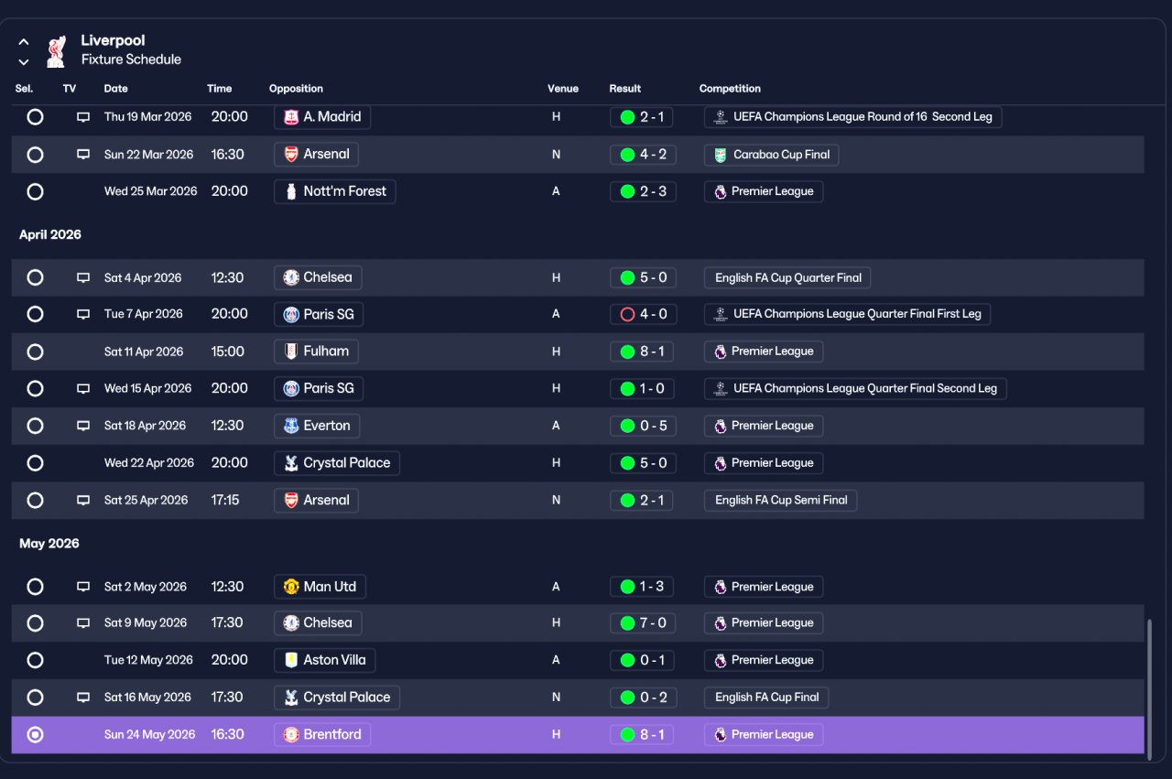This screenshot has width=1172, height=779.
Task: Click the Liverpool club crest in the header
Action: pos(56,51)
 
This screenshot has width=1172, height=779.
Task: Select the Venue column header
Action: pos(562,89)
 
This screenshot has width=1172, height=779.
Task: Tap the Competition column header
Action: pos(730,89)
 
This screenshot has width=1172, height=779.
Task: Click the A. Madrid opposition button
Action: pos(321,116)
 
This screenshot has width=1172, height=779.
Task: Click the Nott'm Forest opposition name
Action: pos(344,191)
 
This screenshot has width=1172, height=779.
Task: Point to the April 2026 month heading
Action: pos(50,234)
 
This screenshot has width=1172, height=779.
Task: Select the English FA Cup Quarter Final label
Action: pos(787,277)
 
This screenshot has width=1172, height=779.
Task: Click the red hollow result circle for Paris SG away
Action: pos(627,314)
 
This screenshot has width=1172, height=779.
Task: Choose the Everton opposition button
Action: pos(317,426)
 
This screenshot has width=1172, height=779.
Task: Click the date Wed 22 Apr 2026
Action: pos(149,463)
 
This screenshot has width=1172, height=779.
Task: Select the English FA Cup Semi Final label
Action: pos(781,500)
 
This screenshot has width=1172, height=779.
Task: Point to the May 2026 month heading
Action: pos(49,544)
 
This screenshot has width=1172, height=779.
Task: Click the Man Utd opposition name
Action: pos(330,587)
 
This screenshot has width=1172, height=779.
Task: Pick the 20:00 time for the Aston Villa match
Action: pos(230,660)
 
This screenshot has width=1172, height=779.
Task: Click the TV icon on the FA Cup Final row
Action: pos(83,697)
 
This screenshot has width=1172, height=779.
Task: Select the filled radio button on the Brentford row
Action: pos(35,734)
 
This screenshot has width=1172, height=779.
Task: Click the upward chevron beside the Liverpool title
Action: pos(24,42)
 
